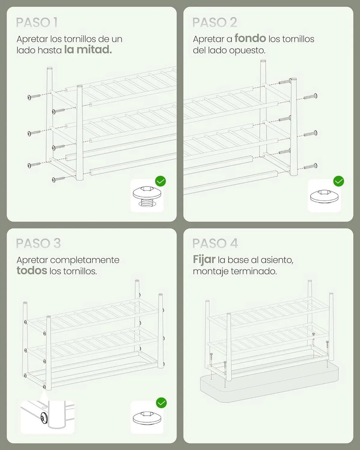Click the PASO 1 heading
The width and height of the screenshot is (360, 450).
(x=37, y=22)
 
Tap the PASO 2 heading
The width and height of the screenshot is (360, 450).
(x=215, y=22)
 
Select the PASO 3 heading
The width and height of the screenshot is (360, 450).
(x=38, y=244)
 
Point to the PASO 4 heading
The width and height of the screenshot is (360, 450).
(x=215, y=244)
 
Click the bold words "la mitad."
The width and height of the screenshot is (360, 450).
(x=88, y=50)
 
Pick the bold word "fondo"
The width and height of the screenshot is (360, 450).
(x=250, y=38)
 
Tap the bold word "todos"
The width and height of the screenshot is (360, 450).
(x=32, y=270)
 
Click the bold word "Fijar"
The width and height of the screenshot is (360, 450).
(x=204, y=259)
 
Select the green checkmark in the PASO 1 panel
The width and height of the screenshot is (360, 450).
(x=161, y=181)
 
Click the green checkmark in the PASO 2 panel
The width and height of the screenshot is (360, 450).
(x=339, y=181)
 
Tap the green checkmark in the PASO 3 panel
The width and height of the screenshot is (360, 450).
(x=161, y=403)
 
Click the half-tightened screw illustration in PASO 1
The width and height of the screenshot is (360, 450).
(x=147, y=196)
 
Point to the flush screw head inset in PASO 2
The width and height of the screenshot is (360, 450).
(x=324, y=196)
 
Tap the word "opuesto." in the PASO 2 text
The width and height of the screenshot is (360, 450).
(x=247, y=50)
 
